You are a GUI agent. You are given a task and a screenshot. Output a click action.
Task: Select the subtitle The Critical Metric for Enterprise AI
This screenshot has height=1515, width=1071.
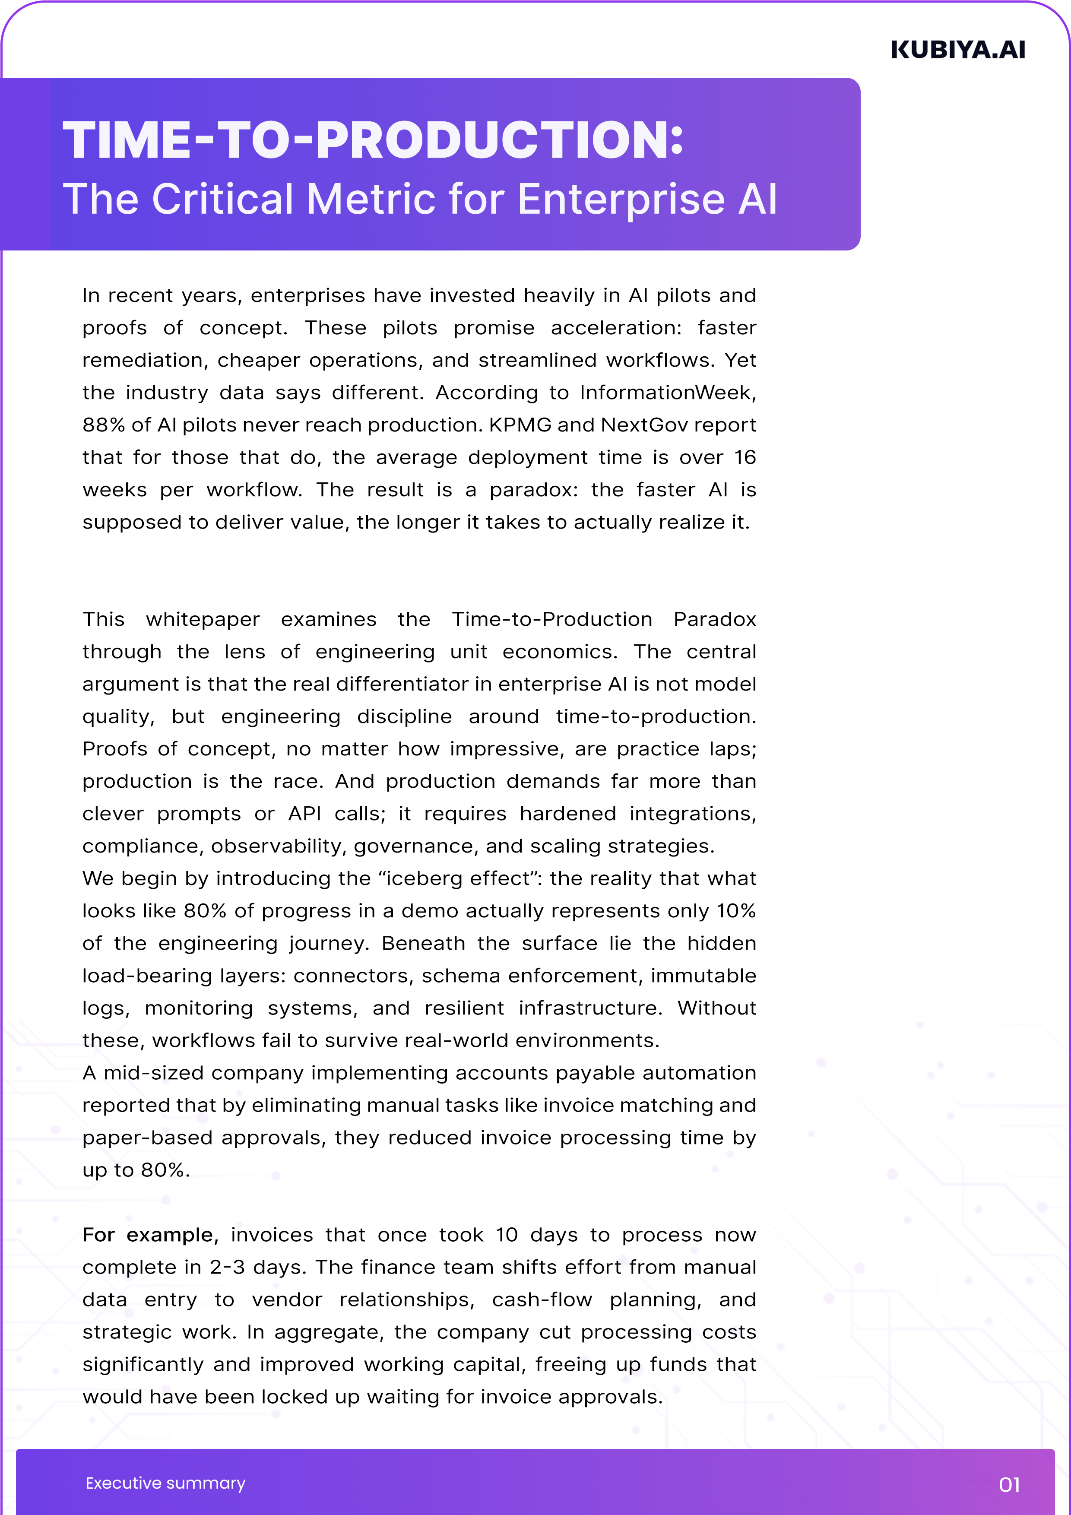click(x=420, y=199)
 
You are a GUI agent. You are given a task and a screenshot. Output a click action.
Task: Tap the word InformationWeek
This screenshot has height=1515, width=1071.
click(x=668, y=393)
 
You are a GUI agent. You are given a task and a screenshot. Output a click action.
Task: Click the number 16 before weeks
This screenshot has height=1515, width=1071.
click(x=745, y=457)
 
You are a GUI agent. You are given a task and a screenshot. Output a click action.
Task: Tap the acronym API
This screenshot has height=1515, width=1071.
click(x=304, y=814)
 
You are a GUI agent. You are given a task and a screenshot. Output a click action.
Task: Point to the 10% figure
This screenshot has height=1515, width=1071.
click(x=736, y=910)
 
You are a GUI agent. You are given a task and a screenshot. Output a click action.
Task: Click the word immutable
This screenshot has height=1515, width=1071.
click(x=703, y=975)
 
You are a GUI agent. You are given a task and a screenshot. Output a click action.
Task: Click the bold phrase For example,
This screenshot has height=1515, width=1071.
click(x=150, y=1235)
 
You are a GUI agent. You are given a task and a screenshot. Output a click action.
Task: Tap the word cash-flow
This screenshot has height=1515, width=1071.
click(x=542, y=1299)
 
